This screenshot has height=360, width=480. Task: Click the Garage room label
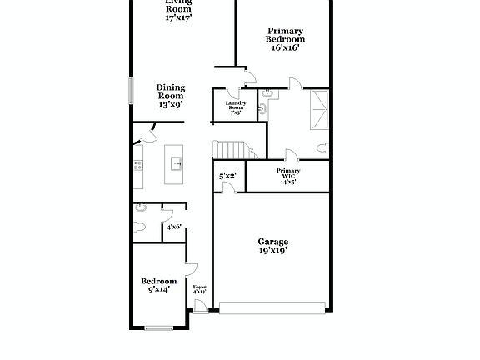(x=272, y=242)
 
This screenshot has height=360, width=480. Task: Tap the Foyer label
(x=199, y=287)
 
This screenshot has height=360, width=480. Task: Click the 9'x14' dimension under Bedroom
(x=158, y=290)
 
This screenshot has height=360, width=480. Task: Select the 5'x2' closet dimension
(x=227, y=176)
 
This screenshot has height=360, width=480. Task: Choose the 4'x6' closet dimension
(x=174, y=227)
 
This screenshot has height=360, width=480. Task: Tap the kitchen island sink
(x=177, y=162)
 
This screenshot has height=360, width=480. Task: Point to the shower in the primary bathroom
(x=319, y=109)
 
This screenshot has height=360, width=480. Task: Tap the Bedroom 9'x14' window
(x=159, y=326)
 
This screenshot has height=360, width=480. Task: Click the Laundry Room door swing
(x=249, y=80)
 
